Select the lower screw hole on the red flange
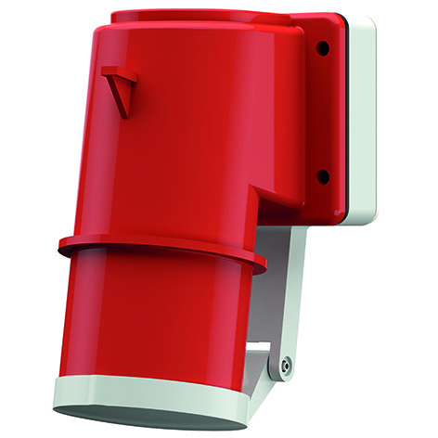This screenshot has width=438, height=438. [322, 174]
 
